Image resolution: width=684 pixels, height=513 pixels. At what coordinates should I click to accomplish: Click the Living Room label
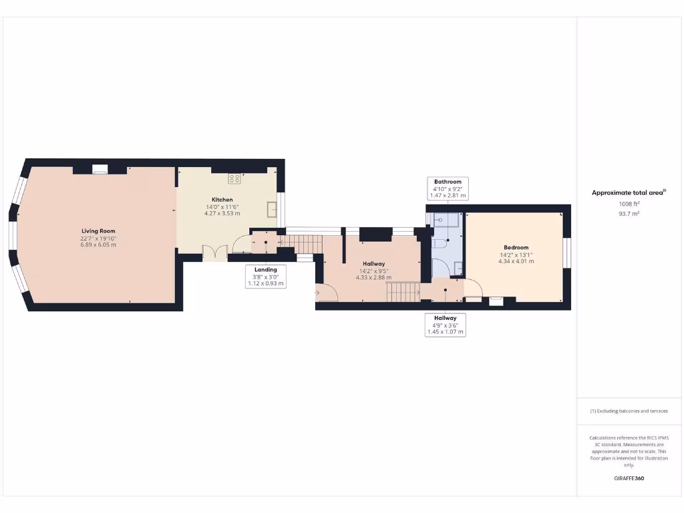[x=98, y=231]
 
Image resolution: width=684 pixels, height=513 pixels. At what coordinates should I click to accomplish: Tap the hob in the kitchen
[x=234, y=178]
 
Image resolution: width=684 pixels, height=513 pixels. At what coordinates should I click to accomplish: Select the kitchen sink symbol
[x=272, y=209]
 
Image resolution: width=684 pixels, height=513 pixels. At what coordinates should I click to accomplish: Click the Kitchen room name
[x=222, y=200]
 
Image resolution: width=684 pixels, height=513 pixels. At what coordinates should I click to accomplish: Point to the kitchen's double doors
[x=213, y=252]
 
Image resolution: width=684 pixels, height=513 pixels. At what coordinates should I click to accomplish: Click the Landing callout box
[x=266, y=277]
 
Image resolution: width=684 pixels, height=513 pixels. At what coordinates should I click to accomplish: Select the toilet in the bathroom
[x=439, y=245]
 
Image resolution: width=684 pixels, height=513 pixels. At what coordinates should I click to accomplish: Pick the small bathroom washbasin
[x=458, y=269]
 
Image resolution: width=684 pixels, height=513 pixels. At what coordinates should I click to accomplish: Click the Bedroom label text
[x=516, y=248]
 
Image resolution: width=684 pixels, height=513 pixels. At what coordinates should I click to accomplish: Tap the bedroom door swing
[x=473, y=287]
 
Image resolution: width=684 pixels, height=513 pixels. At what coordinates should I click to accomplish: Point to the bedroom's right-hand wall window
[x=567, y=253]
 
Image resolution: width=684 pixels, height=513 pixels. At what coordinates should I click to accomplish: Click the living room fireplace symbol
[x=100, y=170]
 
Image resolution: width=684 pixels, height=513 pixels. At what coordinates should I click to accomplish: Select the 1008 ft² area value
[x=628, y=204]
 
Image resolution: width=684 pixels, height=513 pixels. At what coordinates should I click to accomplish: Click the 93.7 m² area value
[x=629, y=214]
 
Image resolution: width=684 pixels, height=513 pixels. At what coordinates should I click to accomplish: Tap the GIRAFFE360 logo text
[x=629, y=478]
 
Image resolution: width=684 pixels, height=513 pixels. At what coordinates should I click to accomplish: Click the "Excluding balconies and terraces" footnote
[x=629, y=411]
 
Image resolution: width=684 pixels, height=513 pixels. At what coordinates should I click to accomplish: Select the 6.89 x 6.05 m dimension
[x=98, y=244]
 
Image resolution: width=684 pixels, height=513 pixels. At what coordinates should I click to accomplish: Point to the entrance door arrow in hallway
[x=317, y=292]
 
